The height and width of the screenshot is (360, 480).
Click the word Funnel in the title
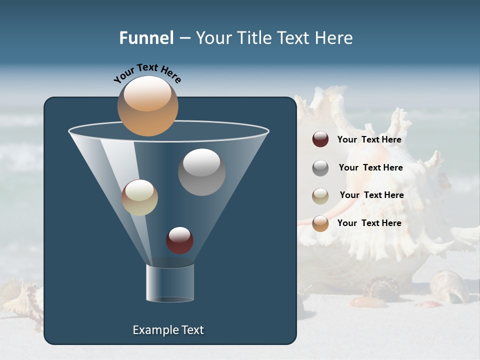[x=146, y=38]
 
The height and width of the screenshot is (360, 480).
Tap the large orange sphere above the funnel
[x=147, y=106]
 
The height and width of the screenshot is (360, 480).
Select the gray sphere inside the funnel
[x=201, y=171]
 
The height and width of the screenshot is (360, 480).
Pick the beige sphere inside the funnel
[x=139, y=197]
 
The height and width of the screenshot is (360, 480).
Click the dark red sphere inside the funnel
[x=179, y=240]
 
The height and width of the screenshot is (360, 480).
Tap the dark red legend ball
[x=320, y=139]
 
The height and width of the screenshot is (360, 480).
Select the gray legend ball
[x=320, y=168]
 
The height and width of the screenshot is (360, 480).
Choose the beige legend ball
[x=320, y=196]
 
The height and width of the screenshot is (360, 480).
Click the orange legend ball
[x=320, y=223]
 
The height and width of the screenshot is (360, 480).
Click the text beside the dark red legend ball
[x=369, y=139]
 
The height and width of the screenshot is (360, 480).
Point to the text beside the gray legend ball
[x=370, y=167]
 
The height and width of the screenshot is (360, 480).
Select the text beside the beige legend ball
[x=371, y=195]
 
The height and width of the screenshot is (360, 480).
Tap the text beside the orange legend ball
[x=369, y=223]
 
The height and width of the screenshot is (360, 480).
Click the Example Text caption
[x=168, y=330]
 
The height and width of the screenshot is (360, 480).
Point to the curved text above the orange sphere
[x=147, y=73]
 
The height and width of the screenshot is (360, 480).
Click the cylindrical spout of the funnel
[x=170, y=283]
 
